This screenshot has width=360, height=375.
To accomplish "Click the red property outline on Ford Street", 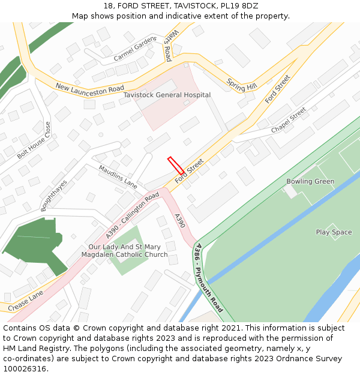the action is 176,165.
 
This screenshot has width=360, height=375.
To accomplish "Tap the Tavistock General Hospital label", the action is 167,95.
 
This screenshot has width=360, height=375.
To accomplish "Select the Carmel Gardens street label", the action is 135,50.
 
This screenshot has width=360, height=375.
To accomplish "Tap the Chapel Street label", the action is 289,120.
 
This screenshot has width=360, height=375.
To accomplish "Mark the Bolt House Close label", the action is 34,140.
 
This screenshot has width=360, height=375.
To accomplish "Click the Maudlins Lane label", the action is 118,176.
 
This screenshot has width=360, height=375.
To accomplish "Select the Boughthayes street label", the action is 55,195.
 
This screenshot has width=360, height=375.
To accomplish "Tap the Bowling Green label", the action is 310,181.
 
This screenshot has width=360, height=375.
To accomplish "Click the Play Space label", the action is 334,232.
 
